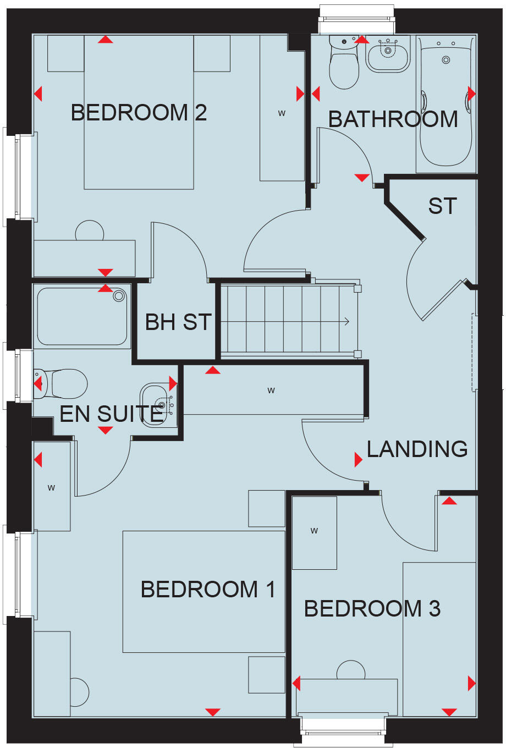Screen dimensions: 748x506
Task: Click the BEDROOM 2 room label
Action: pos(139,113)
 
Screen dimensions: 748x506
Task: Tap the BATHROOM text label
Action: pos(393,119)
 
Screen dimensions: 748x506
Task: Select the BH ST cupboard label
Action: pos(178,322)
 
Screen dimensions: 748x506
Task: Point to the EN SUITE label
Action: pos(111,414)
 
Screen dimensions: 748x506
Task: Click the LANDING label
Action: pos(417,449)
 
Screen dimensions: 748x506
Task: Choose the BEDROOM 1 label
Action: pos(208,590)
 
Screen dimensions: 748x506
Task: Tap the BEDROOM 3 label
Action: pos(372,609)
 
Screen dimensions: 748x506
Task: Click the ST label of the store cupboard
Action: pos(442,206)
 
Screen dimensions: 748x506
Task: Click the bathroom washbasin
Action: pos(388,54)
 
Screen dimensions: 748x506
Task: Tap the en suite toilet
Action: pos(63,383)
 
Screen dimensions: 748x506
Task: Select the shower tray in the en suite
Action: pos(82,316)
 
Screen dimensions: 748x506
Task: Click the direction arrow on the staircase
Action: pos(346,322)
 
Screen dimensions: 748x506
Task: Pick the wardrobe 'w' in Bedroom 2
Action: pos(282,114)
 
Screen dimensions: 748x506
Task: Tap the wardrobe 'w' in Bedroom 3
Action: pos(314,531)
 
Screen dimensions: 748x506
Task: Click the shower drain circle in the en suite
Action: pos(119,296)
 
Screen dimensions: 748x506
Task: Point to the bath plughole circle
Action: pos(446,59)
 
